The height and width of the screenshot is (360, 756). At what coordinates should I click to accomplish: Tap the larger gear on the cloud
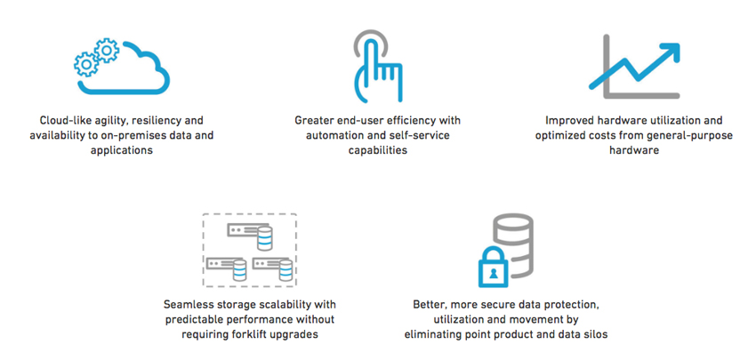coord(106,50)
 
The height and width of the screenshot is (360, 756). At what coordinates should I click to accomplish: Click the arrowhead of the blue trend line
coord(671,51)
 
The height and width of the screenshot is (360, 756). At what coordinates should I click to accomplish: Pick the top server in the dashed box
coord(250,234)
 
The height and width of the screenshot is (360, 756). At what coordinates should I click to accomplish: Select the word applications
coord(122,150)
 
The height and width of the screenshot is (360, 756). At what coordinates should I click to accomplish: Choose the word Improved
coord(567,121)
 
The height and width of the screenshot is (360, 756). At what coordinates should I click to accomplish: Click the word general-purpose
coord(695,135)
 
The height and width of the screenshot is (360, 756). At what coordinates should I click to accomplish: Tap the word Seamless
coord(186,305)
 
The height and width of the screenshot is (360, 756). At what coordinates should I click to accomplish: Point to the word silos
coord(596,334)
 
